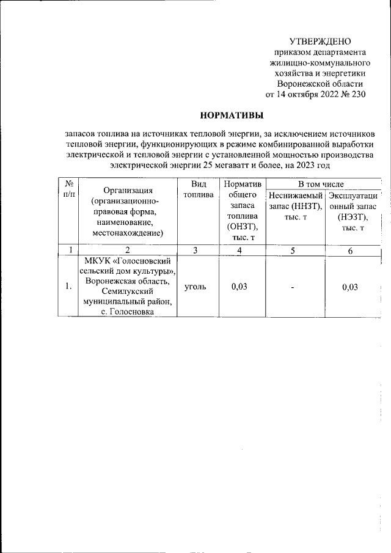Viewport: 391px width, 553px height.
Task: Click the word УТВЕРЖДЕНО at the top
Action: point(320,42)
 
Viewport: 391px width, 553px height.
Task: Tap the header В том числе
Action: point(321,184)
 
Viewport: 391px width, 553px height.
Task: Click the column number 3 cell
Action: point(195,250)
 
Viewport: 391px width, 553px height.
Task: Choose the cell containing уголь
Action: point(195,287)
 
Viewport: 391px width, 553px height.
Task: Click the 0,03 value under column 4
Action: point(239,287)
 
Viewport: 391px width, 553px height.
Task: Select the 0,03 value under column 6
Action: point(350,287)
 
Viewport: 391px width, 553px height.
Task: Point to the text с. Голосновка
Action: point(128,312)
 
